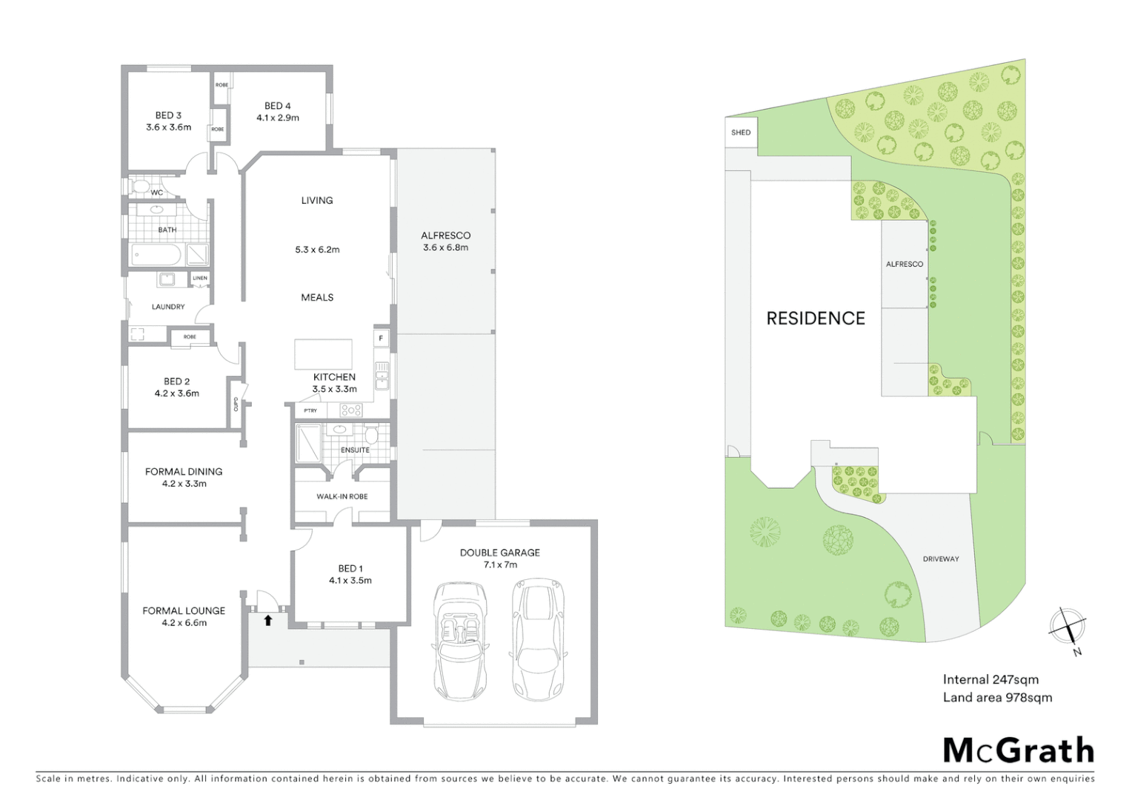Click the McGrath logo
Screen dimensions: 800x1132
point(1019,750)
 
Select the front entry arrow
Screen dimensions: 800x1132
point(268,621)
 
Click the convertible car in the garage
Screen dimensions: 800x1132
point(461,641)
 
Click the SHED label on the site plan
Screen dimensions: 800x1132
point(741,133)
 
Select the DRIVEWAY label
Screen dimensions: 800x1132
point(941,559)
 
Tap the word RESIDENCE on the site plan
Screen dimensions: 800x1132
point(816,319)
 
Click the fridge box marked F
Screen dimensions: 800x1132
point(382,339)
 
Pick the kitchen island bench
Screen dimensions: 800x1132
point(324,354)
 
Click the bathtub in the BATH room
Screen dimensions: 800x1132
point(156,256)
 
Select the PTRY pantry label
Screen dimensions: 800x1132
point(310,410)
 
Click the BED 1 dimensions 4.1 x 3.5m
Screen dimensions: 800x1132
point(350,581)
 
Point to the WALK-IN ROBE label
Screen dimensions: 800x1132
point(342,496)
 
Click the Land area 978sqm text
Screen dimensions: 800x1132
point(997,697)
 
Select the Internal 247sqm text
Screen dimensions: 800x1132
point(990,679)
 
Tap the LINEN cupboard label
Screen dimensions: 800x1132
point(200,279)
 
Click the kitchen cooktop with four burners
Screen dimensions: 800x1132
point(350,410)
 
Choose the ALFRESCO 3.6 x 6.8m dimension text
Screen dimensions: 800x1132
point(446,247)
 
